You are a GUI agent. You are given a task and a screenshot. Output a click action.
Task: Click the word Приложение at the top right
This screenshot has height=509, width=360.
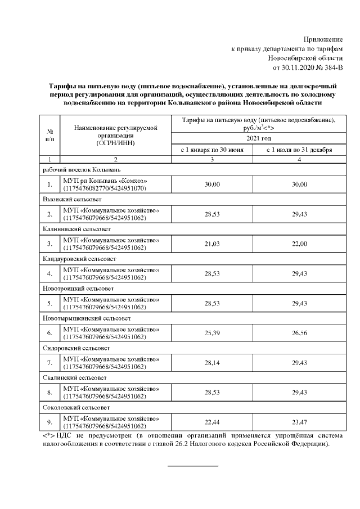coord(323,39)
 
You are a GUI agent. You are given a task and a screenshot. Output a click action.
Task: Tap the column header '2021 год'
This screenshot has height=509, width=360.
coord(255,138)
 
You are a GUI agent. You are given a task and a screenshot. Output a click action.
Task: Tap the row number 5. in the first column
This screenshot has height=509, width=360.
coord(50,303)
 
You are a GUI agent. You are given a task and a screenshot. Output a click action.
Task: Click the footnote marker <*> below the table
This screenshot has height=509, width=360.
coord(48,436)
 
